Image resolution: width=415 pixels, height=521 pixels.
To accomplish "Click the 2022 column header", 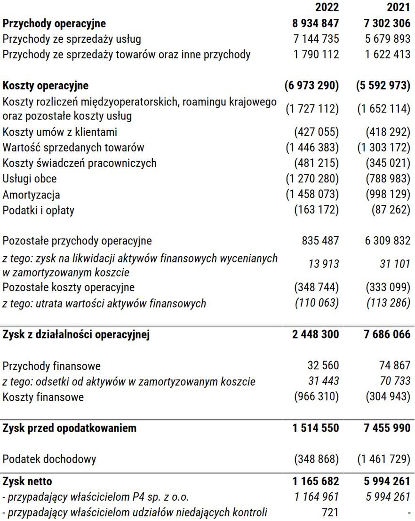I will (327, 8).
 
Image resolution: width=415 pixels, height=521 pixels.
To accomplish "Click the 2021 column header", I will (399, 8).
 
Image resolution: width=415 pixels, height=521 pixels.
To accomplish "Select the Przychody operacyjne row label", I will (54, 23).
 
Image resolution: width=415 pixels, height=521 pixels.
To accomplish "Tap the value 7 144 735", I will (316, 39).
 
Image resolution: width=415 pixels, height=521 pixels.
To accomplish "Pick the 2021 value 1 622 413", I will (388, 55).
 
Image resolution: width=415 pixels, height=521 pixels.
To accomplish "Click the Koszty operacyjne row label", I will (46, 86).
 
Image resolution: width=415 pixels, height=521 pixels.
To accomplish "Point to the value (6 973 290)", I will (311, 86).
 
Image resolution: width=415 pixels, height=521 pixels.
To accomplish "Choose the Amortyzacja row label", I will (32, 195).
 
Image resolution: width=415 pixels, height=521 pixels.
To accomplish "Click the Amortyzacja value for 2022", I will (312, 195).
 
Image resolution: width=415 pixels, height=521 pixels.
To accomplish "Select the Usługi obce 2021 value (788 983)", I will (388, 179).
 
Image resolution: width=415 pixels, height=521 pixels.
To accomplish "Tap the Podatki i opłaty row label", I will (39, 210).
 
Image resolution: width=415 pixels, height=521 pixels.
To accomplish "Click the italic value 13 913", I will (323, 264).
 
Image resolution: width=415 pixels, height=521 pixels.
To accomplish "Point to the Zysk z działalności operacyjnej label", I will (76, 335).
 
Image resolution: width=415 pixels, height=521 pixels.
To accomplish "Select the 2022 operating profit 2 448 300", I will (316, 335).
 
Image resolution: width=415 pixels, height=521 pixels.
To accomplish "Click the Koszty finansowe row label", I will (43, 397).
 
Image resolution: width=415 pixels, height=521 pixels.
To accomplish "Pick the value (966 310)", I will (316, 397).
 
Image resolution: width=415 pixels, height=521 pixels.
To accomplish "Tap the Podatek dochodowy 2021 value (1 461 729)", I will (383, 459).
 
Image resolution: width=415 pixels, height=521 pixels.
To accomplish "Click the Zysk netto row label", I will (27, 482).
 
